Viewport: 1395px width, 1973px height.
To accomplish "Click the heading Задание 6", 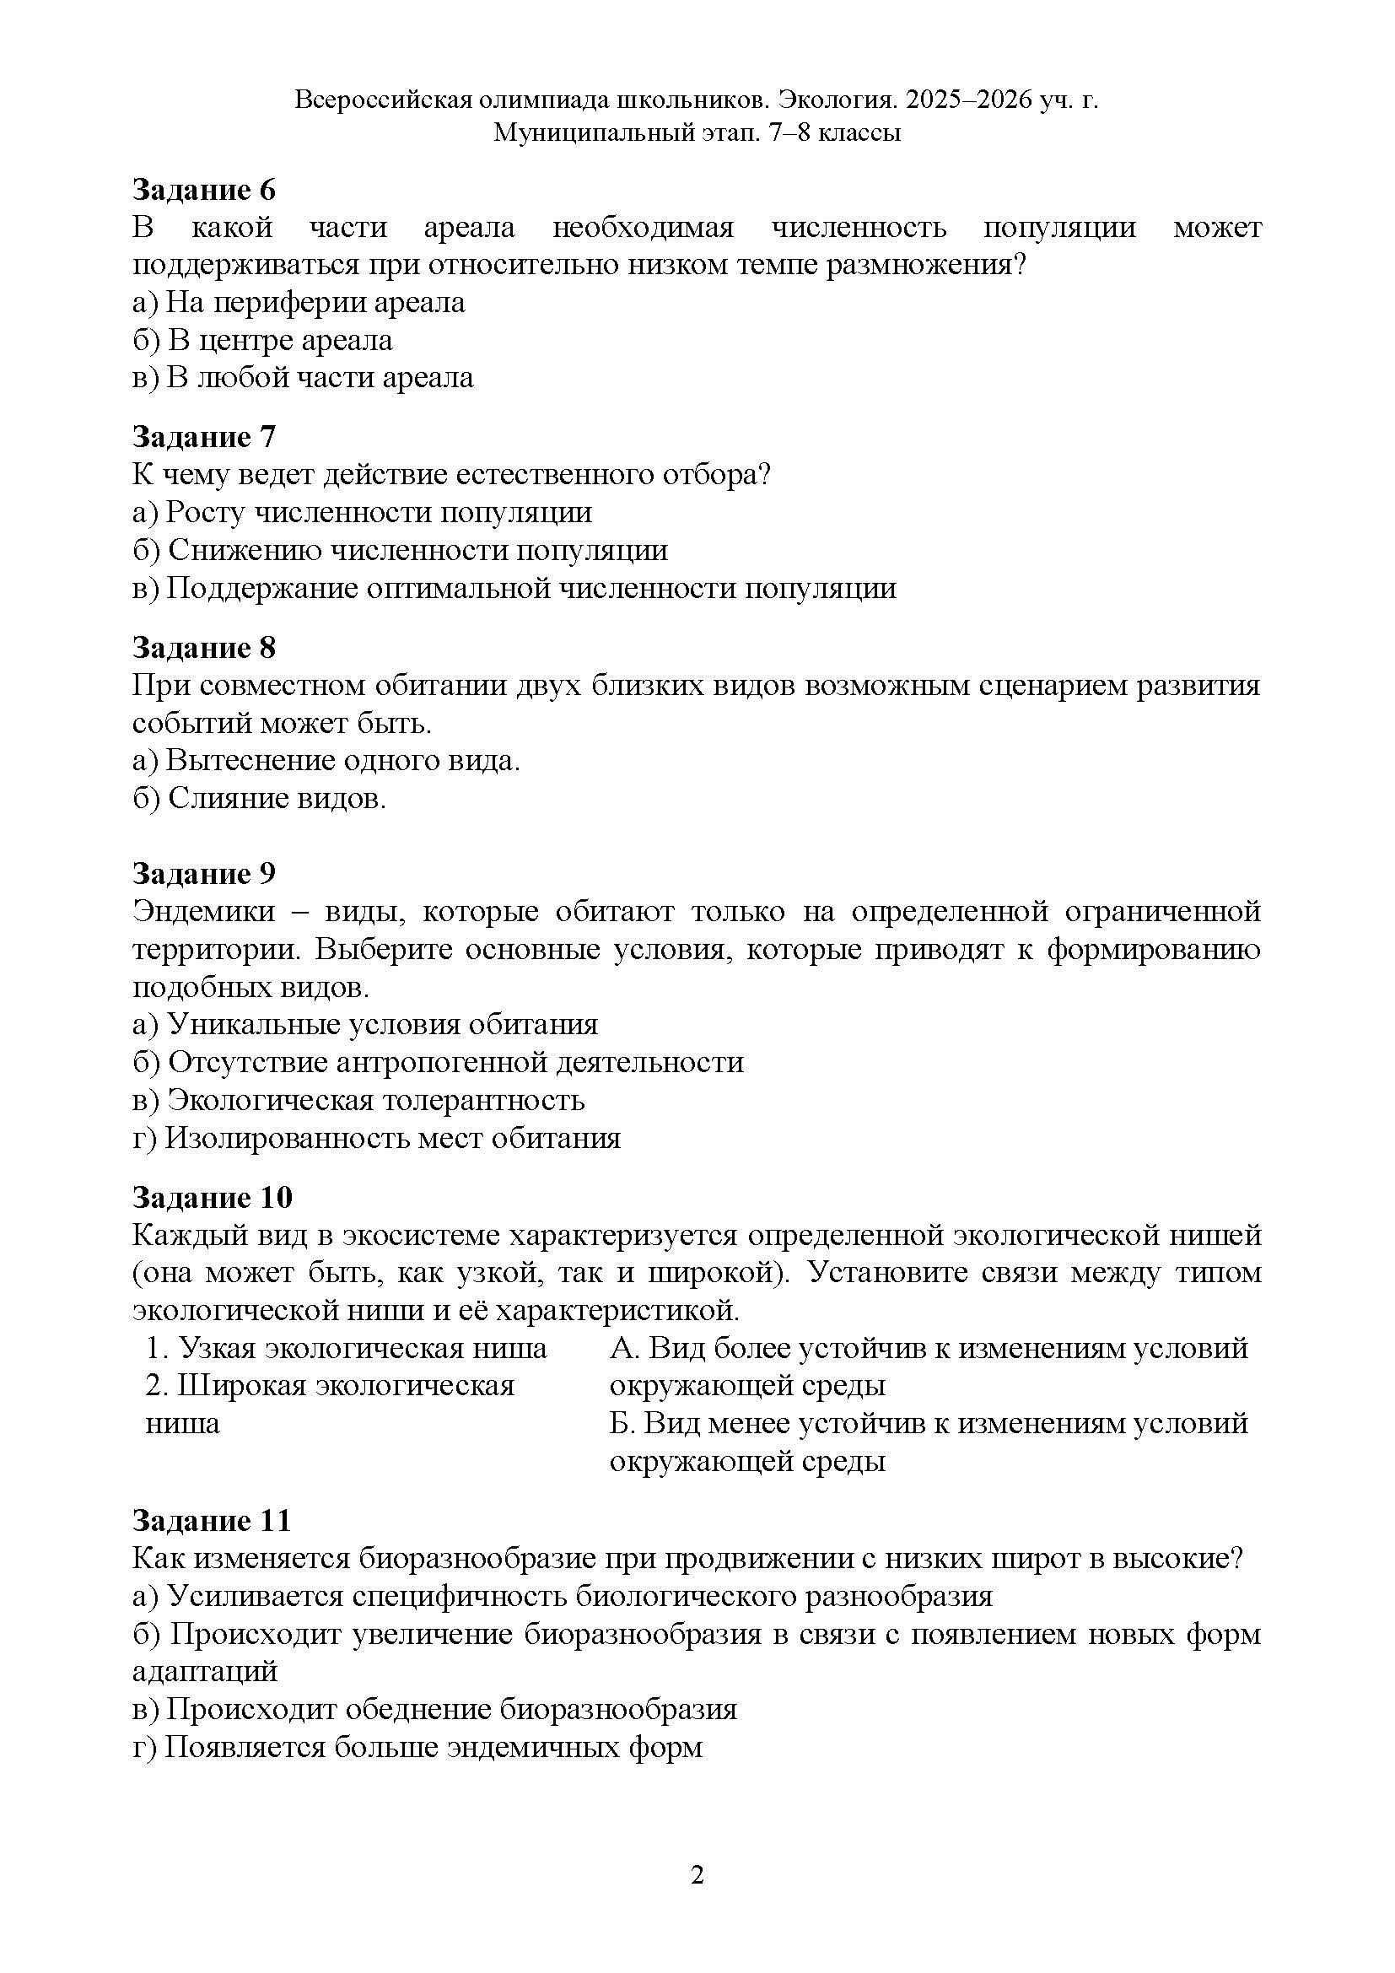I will point(203,189).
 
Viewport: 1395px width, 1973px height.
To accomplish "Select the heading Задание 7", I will point(203,437).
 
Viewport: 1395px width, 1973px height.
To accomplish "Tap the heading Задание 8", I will point(203,647).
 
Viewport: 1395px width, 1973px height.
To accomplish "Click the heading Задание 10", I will point(213,1197).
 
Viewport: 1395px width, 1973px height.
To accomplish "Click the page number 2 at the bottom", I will point(697,1874).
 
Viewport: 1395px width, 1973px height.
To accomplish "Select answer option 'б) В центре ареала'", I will point(262,340).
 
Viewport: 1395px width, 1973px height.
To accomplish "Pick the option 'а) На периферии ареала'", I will point(298,303).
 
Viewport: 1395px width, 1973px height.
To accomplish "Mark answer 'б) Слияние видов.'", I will point(260,798).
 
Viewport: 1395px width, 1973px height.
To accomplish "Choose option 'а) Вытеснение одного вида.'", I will point(326,761).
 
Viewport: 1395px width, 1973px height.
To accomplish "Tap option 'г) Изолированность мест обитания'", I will point(376,1138).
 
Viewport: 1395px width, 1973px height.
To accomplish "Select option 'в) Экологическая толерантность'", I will point(358,1100).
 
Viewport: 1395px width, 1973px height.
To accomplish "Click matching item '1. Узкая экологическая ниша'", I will point(346,1348).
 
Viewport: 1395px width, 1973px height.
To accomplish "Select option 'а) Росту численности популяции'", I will point(362,512).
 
